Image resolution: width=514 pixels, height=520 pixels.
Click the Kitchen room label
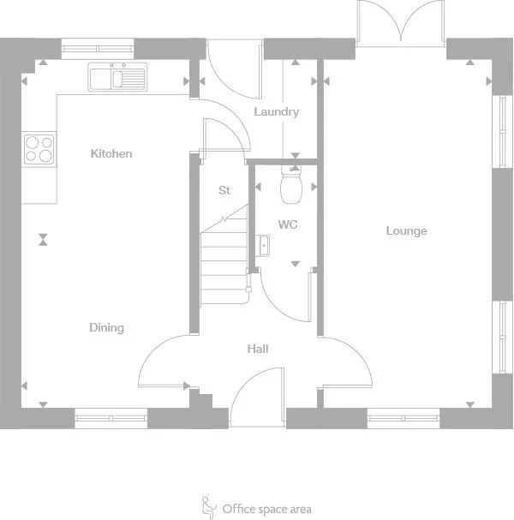point(111,153)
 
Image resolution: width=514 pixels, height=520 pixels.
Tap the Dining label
point(106,327)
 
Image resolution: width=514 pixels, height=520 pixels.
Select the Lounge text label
point(406,230)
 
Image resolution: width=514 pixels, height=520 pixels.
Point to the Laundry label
point(276,111)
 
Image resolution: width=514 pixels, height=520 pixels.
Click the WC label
point(287,224)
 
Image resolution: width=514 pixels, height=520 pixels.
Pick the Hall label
point(257,349)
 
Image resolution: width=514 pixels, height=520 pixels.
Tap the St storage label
point(224,190)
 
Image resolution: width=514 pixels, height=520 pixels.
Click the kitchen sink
point(118,78)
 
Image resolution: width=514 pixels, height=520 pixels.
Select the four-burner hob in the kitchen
point(39,149)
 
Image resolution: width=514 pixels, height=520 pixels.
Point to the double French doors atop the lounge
point(400,24)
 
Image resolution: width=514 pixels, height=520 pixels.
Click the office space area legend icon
point(208,508)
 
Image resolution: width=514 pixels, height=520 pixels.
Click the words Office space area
point(266,509)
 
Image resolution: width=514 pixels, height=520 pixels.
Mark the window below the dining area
point(111,418)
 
